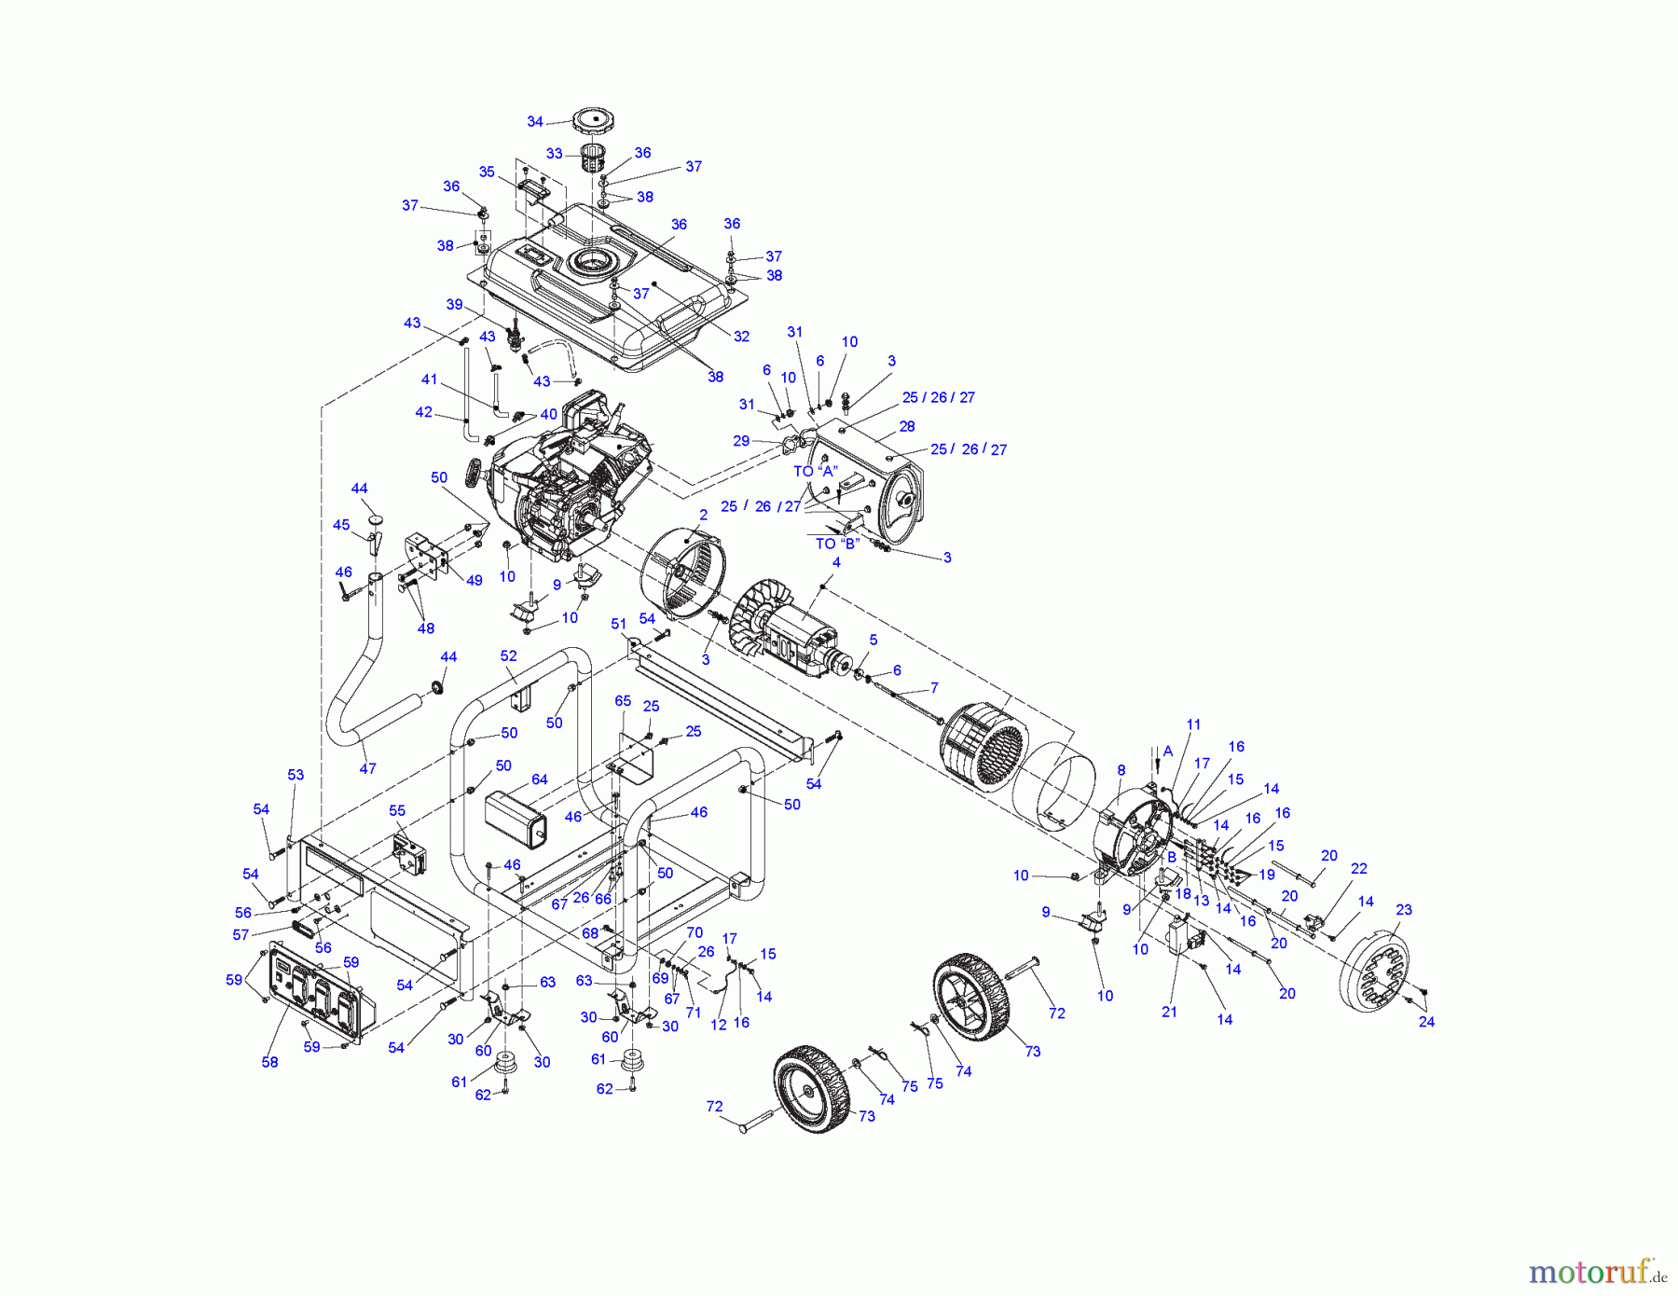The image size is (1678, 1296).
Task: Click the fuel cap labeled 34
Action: tap(594, 121)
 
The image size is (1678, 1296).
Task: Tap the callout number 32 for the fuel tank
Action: tap(741, 337)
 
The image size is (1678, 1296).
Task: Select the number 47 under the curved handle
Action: tap(367, 768)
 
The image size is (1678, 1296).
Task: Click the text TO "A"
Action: tap(816, 472)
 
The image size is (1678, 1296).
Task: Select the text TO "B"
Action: tap(837, 544)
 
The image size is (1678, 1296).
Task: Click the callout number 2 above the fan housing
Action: tap(704, 515)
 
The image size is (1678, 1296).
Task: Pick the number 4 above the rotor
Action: tap(836, 562)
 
